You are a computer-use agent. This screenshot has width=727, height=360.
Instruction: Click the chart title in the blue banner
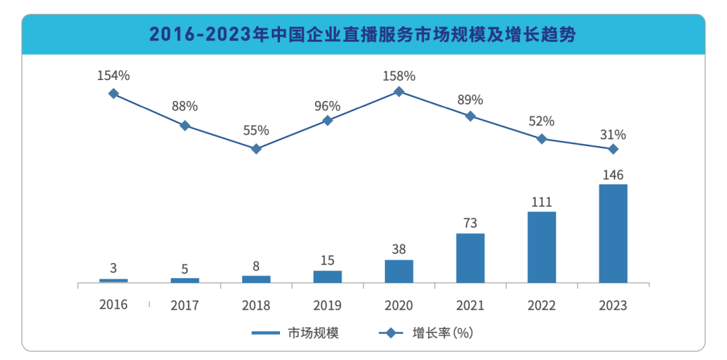[363, 35]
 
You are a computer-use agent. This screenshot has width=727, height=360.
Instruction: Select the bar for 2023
[613, 233]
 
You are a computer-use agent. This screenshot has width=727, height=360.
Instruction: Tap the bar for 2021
[470, 258]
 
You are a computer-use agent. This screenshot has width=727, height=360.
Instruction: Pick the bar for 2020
[399, 271]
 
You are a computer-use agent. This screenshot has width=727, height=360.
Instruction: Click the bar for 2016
[113, 280]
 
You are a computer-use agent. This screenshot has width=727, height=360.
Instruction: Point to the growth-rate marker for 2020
[399, 92]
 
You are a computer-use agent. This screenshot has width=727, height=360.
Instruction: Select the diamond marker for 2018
[256, 149]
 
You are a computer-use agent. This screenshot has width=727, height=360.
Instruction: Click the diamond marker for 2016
[113, 94]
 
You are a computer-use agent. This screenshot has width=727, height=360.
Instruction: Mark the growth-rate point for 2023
[613, 149]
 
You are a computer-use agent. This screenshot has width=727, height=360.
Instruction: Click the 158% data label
[399, 75]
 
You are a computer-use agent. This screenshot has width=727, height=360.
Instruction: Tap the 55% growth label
[256, 131]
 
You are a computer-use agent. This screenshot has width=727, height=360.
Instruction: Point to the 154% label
[113, 75]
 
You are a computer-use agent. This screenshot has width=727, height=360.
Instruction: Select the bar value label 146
[613, 175]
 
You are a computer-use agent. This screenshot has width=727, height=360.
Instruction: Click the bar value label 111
[541, 202]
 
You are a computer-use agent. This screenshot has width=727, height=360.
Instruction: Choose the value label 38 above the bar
[399, 250]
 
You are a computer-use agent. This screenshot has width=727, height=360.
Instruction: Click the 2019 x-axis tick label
[327, 305]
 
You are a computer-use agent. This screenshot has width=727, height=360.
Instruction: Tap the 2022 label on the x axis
[541, 305]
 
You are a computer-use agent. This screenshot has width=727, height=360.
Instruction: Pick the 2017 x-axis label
[184, 305]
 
